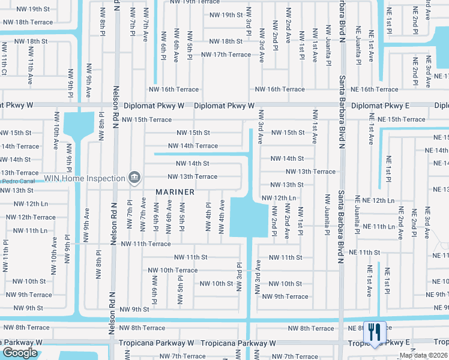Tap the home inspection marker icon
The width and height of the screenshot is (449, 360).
click(135, 178)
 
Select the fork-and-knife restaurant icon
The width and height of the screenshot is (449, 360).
click(374, 331)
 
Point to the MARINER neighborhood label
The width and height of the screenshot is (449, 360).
click(175, 192)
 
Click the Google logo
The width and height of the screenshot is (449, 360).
click(20, 353)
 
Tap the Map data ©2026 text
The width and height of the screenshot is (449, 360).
click(423, 355)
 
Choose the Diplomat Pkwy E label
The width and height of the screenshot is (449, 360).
click(380, 106)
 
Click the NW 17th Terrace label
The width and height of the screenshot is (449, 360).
click(226, 55)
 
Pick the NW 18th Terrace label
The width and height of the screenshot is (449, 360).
click(27, 22)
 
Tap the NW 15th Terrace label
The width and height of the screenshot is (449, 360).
click(146, 119)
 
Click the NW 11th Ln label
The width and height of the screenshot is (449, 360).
click(30, 230)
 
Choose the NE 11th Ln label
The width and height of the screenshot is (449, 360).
click(382, 227)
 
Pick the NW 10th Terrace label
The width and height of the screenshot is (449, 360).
click(173, 271)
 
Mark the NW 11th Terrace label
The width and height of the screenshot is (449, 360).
click(146, 244)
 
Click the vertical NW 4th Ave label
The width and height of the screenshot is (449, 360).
click(221, 216)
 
